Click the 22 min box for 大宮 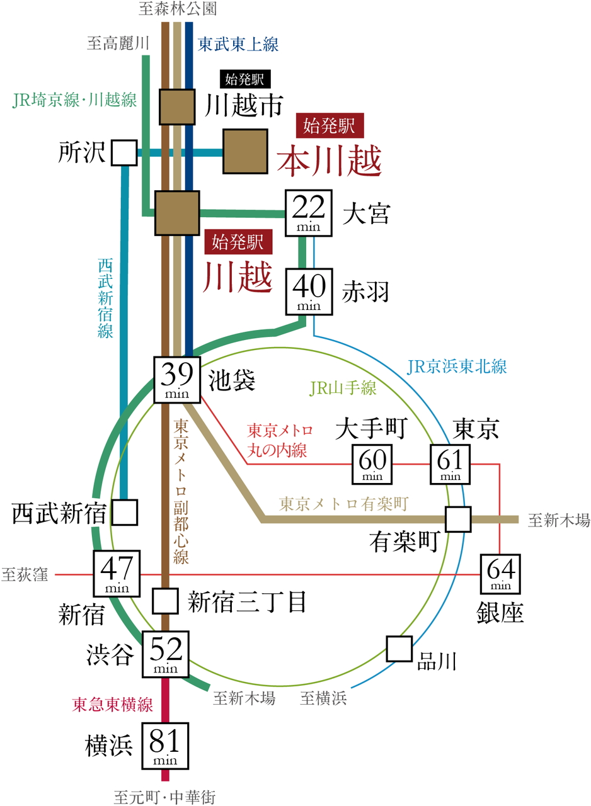pyautogui.click(x=309, y=213)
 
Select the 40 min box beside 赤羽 pyautogui.click(x=309, y=292)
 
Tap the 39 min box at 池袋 pyautogui.click(x=177, y=380)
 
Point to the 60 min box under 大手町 pyautogui.click(x=372, y=464)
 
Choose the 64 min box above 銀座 pyautogui.click(x=502, y=573)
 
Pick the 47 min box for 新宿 pyautogui.click(x=117, y=573)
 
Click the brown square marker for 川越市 pyautogui.click(x=176, y=106)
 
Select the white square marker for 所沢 pyautogui.click(x=124, y=152)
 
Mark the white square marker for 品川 pyautogui.click(x=399, y=649)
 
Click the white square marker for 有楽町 pyautogui.click(x=457, y=519)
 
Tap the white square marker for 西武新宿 pyautogui.click(x=125, y=513)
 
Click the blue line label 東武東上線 pyautogui.click(x=238, y=45)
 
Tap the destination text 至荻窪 pyautogui.click(x=25, y=574)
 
